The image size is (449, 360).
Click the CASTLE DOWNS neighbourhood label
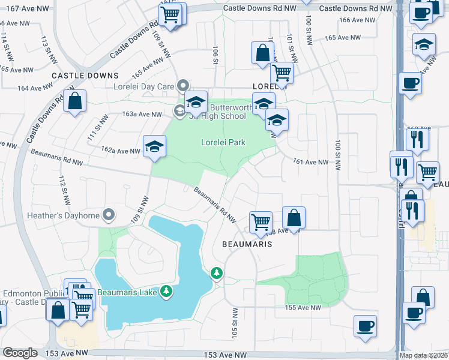click(x=85, y=76)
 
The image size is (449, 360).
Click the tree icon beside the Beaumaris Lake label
click(x=166, y=292)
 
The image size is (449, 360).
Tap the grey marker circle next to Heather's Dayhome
click(x=109, y=214)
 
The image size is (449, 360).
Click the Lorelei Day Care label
click(x=144, y=86)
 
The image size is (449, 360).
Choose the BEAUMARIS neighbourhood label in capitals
click(x=247, y=244)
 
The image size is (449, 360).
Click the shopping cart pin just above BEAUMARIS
click(x=261, y=221)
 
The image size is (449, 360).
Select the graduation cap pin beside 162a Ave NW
click(x=154, y=146)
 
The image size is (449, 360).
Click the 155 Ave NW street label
click(x=304, y=307)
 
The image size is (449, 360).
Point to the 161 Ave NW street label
click(x=311, y=162)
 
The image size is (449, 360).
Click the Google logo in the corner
click(x=20, y=353)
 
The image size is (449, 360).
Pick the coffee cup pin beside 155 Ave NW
click(x=365, y=326)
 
